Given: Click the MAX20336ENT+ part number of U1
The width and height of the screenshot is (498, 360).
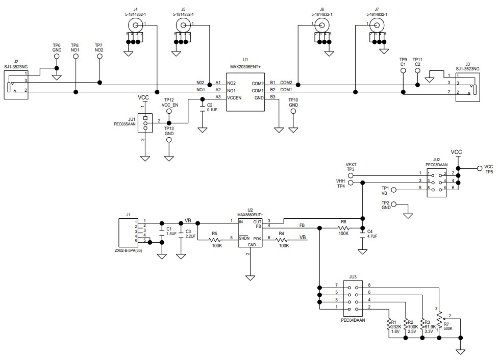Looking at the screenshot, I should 245,67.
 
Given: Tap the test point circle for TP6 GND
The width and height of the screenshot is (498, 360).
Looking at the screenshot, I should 57,57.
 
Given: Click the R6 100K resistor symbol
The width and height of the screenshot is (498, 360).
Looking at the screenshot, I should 343,228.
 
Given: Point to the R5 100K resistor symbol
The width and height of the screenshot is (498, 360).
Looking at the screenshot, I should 216,238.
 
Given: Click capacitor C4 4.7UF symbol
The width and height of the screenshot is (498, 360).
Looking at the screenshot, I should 363,231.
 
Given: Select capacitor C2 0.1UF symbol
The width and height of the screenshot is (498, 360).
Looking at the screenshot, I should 203,107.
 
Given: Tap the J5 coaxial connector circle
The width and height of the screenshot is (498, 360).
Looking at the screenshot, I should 182,25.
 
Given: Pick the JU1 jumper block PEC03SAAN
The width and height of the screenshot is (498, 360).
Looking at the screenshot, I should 145,123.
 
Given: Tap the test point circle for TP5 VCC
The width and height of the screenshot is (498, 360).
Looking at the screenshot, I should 479,169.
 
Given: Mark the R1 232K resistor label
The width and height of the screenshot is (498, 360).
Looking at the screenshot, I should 394,326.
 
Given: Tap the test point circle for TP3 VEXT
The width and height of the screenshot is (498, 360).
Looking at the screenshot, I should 350,175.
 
